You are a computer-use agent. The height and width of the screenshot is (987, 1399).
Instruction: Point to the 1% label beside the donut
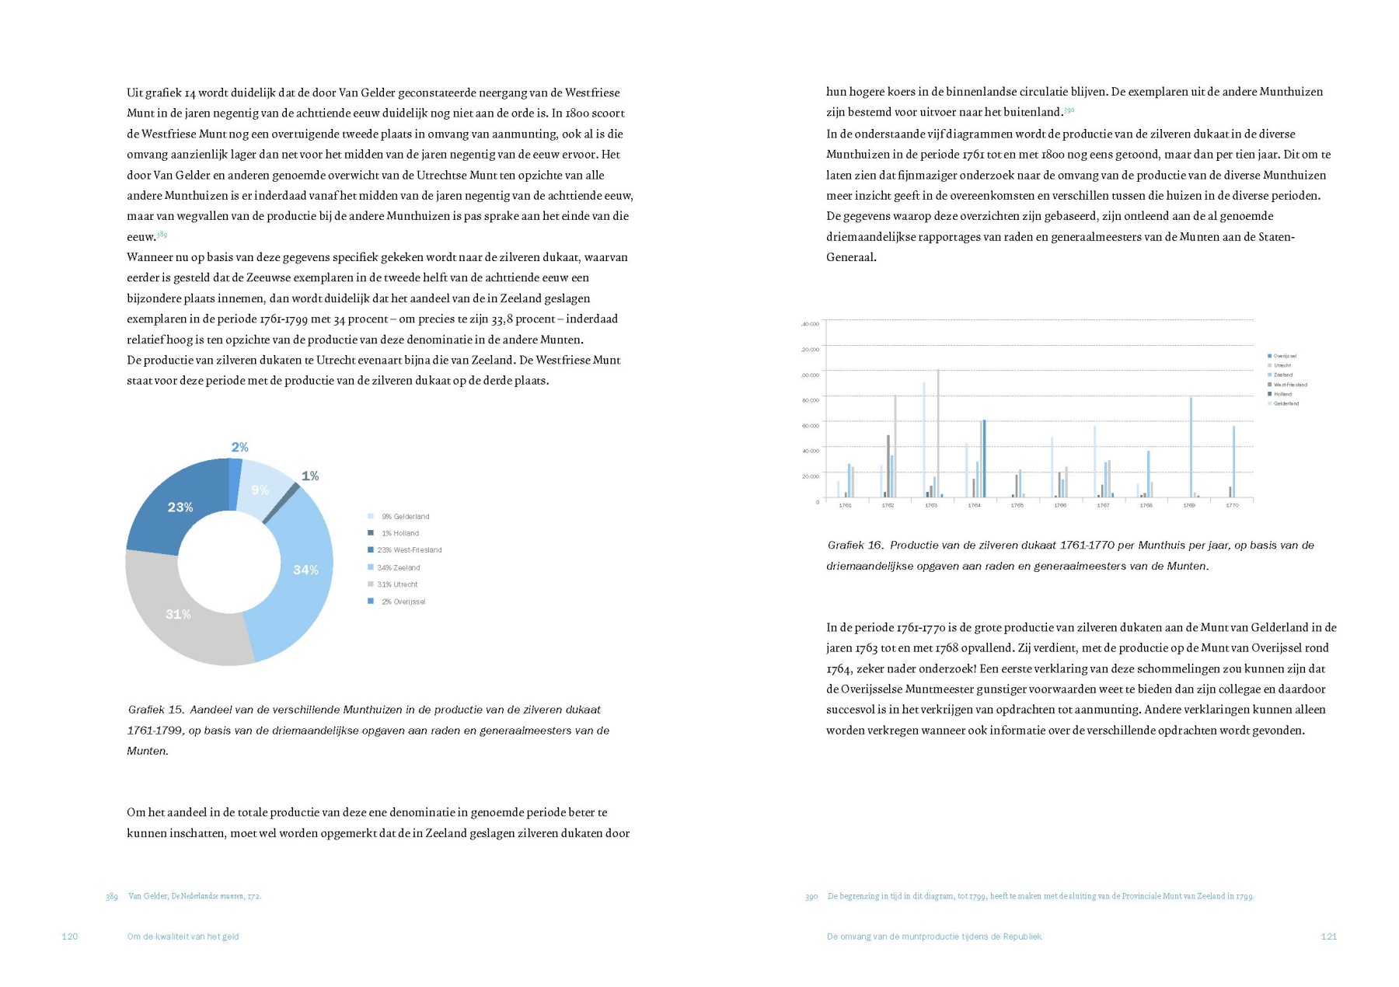pyautogui.click(x=310, y=476)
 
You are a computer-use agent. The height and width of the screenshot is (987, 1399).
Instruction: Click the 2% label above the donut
pyautogui.click(x=239, y=447)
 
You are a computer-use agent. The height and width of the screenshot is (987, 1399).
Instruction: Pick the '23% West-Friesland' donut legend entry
pyautogui.click(x=409, y=550)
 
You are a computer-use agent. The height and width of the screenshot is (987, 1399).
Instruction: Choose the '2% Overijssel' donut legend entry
pyautogui.click(x=403, y=602)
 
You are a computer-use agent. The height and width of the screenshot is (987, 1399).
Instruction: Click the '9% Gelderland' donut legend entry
pyautogui.click(x=405, y=517)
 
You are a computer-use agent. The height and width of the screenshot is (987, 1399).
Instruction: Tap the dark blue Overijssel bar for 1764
pyautogui.click(x=984, y=459)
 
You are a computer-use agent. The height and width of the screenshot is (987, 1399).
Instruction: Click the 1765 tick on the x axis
pyautogui.click(x=1017, y=505)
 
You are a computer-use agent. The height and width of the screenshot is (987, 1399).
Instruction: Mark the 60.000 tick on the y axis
pyautogui.click(x=810, y=426)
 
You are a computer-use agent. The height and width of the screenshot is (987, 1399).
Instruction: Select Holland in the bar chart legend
pyautogui.click(x=1282, y=394)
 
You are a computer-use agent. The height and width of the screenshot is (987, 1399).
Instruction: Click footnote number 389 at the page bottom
pyautogui.click(x=112, y=897)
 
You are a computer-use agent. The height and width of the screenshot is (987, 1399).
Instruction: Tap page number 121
pyautogui.click(x=1328, y=936)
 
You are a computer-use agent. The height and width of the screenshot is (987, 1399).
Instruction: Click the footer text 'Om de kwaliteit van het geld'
pyautogui.click(x=183, y=936)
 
